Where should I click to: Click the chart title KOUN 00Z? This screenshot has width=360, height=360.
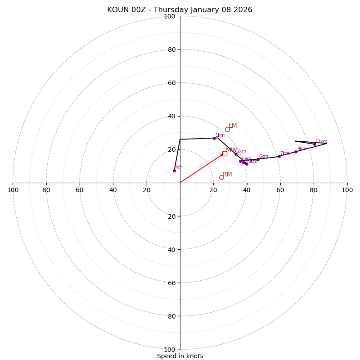(180, 10)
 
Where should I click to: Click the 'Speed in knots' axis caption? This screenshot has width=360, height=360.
(180, 356)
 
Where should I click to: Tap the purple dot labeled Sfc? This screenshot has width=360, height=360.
(174, 171)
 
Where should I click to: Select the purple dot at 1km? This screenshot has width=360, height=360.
(214, 138)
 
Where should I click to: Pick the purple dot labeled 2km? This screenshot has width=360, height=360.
(236, 154)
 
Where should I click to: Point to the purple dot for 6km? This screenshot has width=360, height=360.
(258, 159)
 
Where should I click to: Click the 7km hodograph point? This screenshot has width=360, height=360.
(279, 156)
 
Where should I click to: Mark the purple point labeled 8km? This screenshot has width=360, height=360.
(296, 152)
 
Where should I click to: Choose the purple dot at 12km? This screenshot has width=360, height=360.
(315, 144)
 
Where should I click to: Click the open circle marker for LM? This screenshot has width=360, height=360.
(227, 130)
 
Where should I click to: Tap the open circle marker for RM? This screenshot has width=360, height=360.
(221, 177)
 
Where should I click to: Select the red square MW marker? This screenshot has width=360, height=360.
(225, 154)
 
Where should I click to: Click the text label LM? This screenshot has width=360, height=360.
(233, 126)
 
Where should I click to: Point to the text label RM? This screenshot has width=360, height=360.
(227, 175)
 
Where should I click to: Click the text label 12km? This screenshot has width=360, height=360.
(321, 142)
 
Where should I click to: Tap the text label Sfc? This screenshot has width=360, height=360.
(179, 167)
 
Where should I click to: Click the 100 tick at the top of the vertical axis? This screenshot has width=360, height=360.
(169, 16)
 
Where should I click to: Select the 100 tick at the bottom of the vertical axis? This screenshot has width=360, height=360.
(169, 350)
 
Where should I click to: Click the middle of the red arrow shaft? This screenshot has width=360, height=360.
(202, 168)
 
